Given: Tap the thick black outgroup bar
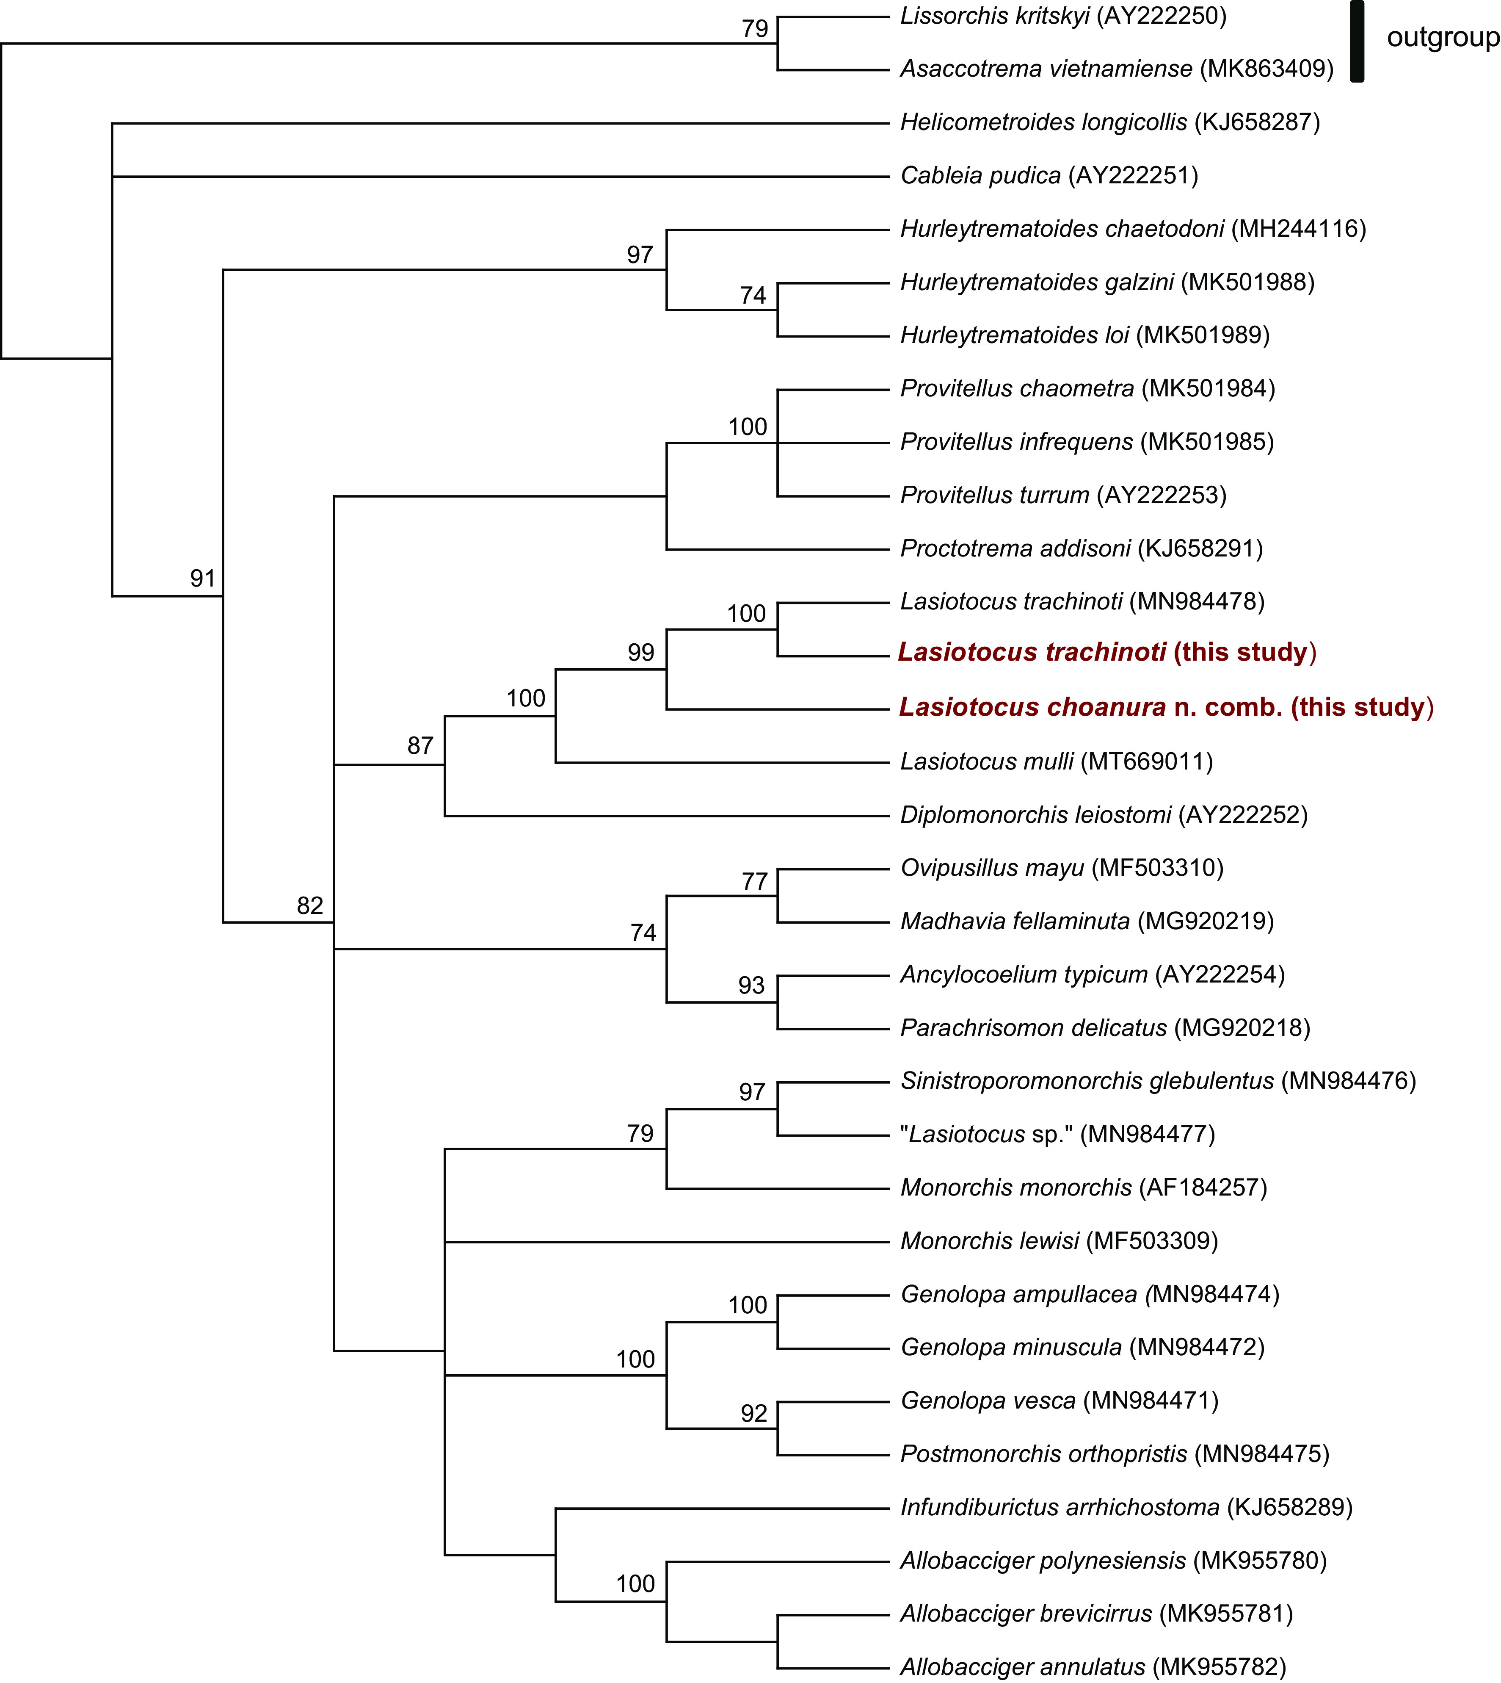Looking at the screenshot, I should pyautogui.click(x=1357, y=41).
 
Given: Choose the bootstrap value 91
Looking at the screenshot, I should pyautogui.click(x=203, y=579).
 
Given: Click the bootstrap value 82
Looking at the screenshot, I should pyautogui.click(x=310, y=906).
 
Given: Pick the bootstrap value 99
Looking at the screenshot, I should pyautogui.click(x=641, y=653).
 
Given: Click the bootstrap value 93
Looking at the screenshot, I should pyautogui.click(x=751, y=985).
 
